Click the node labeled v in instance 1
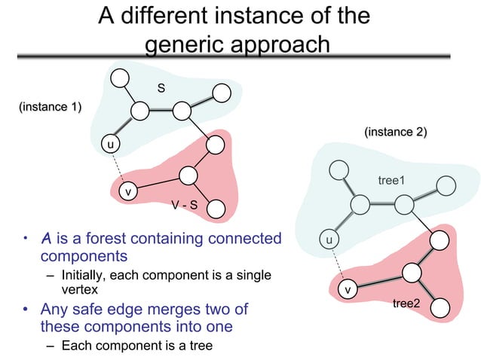(x=128, y=192)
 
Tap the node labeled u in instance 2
(x=329, y=240)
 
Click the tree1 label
(x=391, y=180)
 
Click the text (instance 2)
(x=396, y=133)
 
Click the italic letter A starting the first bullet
(x=46, y=239)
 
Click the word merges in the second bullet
(x=176, y=310)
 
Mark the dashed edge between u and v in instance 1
(x=118, y=167)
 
